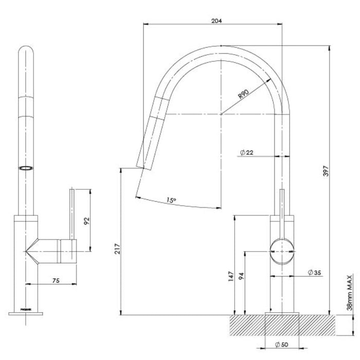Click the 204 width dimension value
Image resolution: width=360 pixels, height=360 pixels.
(x=217, y=21)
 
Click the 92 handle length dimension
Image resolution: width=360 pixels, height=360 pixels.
(x=87, y=221)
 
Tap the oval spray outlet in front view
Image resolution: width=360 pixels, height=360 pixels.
(x=25, y=168)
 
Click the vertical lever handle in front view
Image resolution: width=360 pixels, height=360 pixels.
(x=73, y=214)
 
